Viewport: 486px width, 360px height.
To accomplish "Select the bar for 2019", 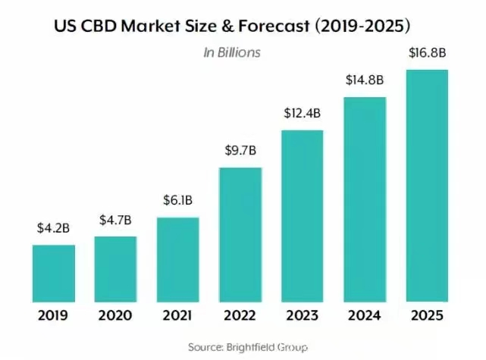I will tap(53, 273).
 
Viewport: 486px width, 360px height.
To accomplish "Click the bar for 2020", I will tap(115, 269).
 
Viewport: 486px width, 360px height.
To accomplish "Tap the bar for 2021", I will tap(177, 259).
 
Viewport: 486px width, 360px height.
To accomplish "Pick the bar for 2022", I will tap(240, 234).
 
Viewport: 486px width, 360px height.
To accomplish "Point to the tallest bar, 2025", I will tap(427, 186).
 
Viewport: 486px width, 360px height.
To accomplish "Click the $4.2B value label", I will tap(53, 227).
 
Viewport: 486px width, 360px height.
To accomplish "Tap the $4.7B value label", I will tap(115, 220).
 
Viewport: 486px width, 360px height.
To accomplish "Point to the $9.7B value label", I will tap(240, 150).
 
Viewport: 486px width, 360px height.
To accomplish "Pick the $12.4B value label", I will tap(303, 114).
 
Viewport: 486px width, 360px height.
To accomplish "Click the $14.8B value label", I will tap(365, 81).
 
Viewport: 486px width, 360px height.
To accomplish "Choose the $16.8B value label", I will tap(427, 55).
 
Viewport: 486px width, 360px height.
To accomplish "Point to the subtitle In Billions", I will tap(231, 52).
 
